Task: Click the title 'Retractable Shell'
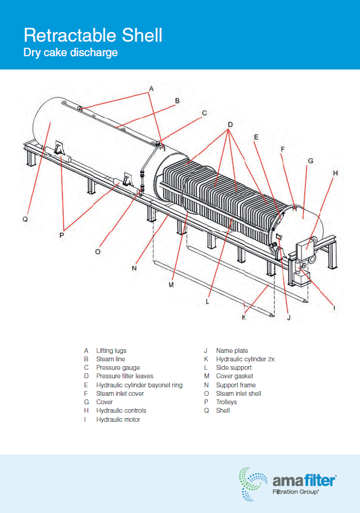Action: tap(93, 35)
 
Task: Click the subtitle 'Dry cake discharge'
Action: tap(70, 53)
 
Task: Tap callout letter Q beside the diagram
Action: tap(25, 219)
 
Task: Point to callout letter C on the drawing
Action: tap(204, 113)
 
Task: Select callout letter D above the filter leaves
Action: tap(230, 124)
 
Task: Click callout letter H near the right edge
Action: tap(335, 173)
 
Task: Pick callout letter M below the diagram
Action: tap(171, 285)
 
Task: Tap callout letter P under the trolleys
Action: tap(62, 235)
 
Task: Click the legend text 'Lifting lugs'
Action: tap(111, 350)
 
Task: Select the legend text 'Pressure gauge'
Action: tap(118, 368)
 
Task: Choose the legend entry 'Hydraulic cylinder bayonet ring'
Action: tap(140, 385)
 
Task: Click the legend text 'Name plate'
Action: tap(232, 350)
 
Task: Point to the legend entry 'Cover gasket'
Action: tap(234, 376)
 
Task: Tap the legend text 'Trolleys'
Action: tap(227, 402)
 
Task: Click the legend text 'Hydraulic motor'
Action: tap(118, 419)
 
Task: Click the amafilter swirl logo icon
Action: tap(252, 484)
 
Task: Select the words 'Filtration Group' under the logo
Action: tap(295, 492)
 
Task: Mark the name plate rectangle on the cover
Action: tap(279, 236)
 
